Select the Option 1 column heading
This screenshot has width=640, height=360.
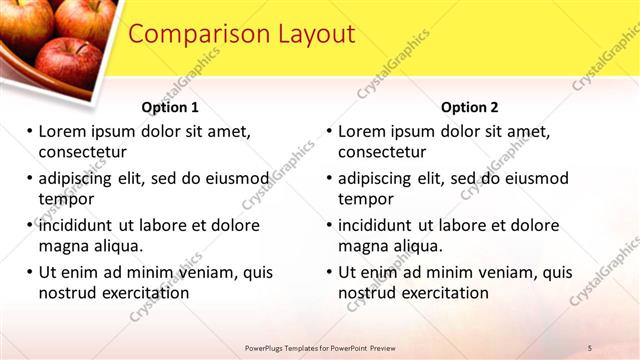pyautogui.click(x=170, y=107)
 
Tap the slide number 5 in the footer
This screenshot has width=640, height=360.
pyautogui.click(x=591, y=348)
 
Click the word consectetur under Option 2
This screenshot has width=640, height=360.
pyautogui.click(x=382, y=152)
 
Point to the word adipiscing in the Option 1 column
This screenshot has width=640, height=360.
pyautogui.click(x=82, y=178)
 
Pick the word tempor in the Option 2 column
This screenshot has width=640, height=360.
pyautogui.click(x=366, y=198)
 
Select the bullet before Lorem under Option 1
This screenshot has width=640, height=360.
pyautogui.click(x=29, y=132)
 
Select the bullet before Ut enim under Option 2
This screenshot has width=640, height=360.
pyautogui.click(x=329, y=272)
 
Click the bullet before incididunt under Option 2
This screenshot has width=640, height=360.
pyautogui.click(x=329, y=225)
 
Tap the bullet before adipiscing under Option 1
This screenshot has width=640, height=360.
pyautogui.click(x=29, y=178)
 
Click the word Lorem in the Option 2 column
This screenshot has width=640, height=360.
pyautogui.click(x=362, y=132)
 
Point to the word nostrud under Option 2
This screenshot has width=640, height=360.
pyautogui.click(x=368, y=292)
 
